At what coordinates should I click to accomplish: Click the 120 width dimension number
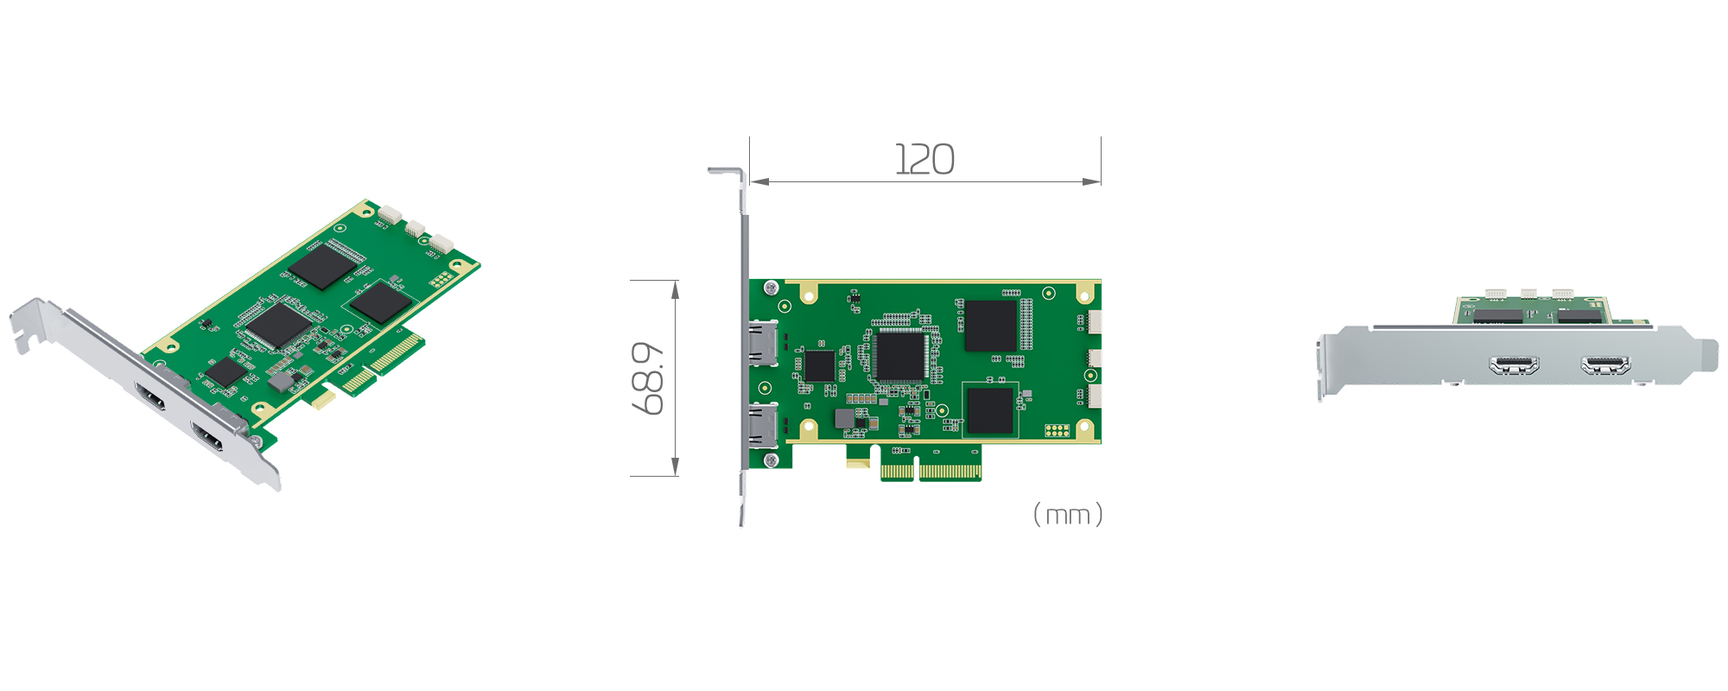[x=924, y=161]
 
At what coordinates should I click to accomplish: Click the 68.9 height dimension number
[x=649, y=378]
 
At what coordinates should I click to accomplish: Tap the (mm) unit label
[x=1068, y=515]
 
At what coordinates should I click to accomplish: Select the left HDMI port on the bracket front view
[x=1514, y=365]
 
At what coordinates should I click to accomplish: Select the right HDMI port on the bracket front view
[x=1605, y=365]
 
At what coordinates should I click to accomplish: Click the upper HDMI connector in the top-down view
[x=763, y=343]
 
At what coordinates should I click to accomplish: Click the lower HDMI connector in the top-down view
[x=763, y=426]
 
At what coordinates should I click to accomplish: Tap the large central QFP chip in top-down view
[x=900, y=355]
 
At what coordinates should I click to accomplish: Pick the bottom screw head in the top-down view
[x=772, y=460]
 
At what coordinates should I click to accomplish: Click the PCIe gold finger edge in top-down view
[x=931, y=472]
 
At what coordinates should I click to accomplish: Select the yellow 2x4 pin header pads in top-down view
[x=1057, y=430]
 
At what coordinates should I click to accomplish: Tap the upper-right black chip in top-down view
[x=990, y=326]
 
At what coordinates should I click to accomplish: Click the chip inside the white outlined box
[x=990, y=410]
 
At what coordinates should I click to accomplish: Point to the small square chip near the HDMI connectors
[x=818, y=366]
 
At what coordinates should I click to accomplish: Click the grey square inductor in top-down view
[x=844, y=419]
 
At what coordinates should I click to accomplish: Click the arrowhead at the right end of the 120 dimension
[x=1093, y=181]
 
